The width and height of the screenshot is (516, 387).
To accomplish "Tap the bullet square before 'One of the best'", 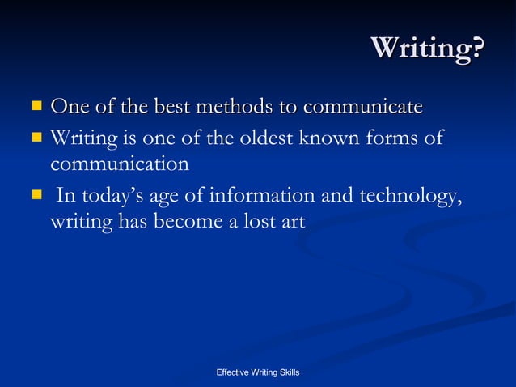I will [x=36, y=105].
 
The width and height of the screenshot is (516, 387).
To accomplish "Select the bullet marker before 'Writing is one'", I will [x=36, y=138].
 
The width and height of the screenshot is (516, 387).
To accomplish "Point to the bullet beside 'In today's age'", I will [x=36, y=194].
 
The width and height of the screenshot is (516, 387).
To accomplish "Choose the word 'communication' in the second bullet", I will [x=120, y=164].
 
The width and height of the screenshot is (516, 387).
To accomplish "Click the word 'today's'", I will [x=110, y=197].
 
